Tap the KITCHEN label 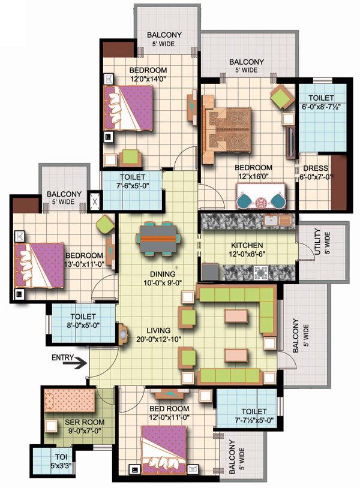tap(247, 245)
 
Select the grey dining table tap(158, 239)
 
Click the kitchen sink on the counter tap(277, 221)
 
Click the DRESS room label tap(316, 168)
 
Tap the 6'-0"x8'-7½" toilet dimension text tap(321, 107)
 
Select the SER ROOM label tap(85, 422)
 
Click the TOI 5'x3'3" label tap(61, 461)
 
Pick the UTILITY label tap(317, 242)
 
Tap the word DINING tap(163, 274)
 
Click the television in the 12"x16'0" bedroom tap(291, 143)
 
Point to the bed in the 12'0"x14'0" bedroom tap(128, 108)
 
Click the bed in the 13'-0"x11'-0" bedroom tap(40, 266)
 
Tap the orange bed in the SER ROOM tap(70, 400)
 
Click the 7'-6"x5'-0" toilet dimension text tap(133, 186)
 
